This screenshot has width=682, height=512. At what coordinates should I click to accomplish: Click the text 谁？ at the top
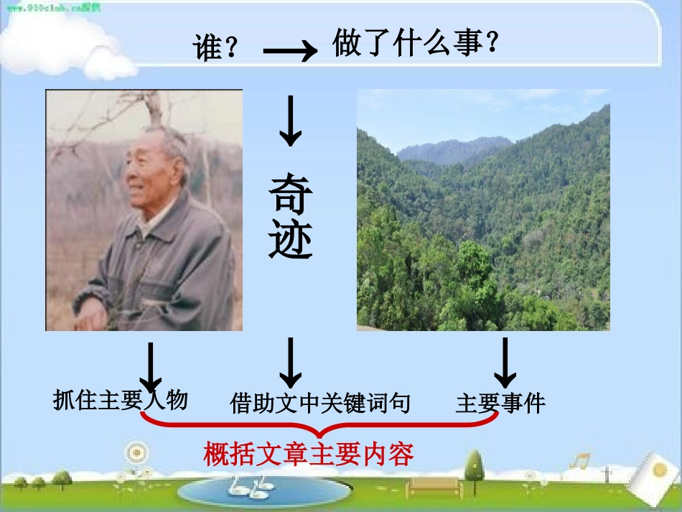[x=216, y=49]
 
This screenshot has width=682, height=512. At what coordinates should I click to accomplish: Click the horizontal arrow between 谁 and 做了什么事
[x=289, y=51]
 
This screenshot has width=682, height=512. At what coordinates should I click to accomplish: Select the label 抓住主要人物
[x=120, y=399]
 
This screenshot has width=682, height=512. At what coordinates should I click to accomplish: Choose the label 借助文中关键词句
[x=320, y=403]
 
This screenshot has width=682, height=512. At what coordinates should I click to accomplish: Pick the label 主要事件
[x=500, y=403]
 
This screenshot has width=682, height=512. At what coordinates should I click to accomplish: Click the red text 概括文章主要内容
[x=309, y=455]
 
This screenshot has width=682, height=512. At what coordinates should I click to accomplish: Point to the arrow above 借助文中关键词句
[x=290, y=362]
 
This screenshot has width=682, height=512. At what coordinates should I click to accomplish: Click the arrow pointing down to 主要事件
[x=505, y=362]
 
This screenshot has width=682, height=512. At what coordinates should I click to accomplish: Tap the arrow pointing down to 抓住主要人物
[x=150, y=366]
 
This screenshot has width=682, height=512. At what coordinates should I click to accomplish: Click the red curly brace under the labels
[x=319, y=429]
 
